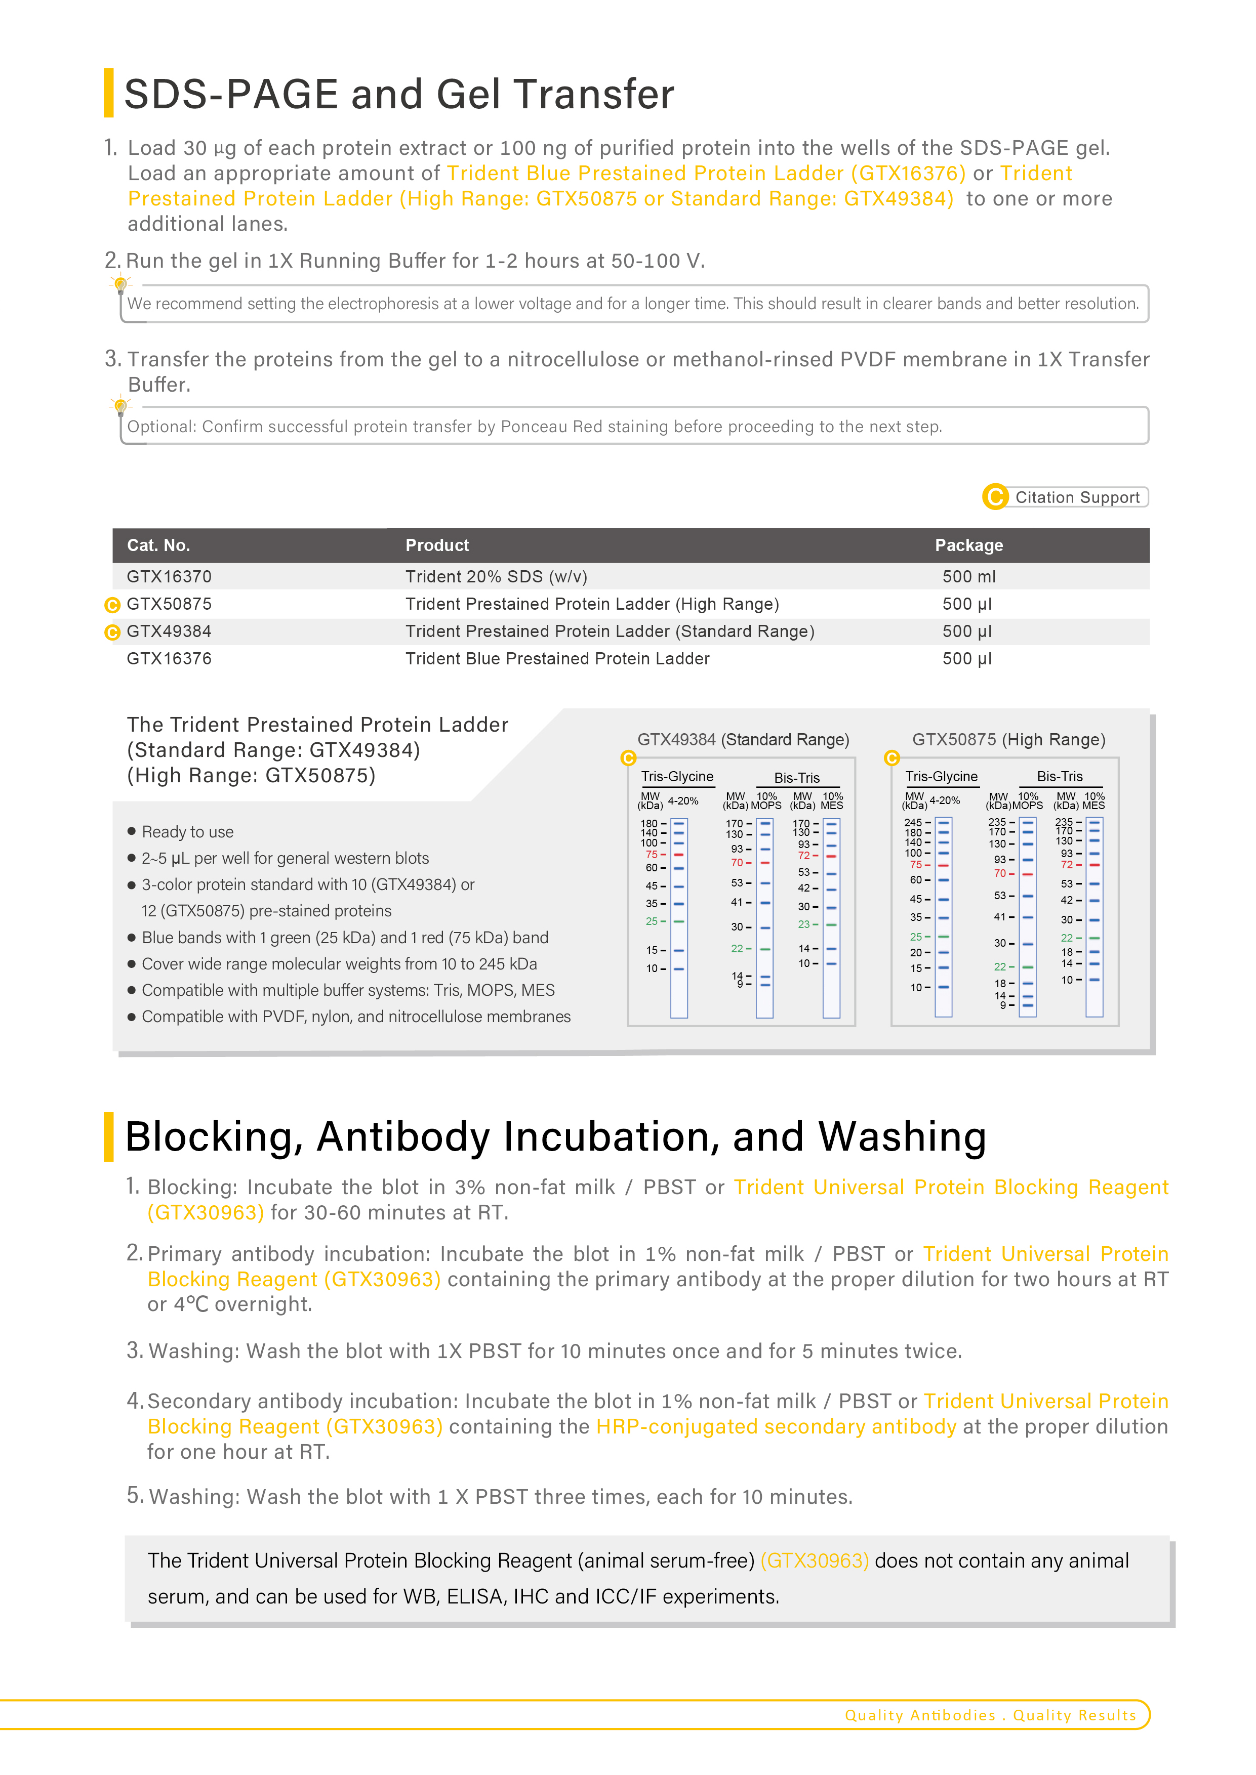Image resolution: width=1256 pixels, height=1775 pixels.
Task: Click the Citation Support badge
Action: (x=1066, y=497)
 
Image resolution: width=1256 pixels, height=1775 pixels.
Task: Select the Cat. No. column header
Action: (x=158, y=545)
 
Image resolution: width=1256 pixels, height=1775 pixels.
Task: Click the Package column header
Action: (x=968, y=545)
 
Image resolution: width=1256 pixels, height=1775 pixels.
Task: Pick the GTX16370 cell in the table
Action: (x=169, y=577)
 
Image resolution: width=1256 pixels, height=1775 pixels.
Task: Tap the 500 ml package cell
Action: (x=968, y=577)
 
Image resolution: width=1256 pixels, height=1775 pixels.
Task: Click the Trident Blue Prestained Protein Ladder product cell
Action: (x=557, y=659)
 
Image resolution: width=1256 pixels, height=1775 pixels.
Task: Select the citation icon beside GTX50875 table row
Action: (x=112, y=605)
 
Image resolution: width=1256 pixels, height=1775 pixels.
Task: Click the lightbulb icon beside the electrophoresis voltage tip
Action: (x=120, y=285)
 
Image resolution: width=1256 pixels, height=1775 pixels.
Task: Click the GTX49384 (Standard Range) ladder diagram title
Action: (x=743, y=740)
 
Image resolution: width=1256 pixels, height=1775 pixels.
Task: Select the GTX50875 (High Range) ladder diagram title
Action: (x=1008, y=740)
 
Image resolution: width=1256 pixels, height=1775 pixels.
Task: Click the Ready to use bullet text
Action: (x=187, y=832)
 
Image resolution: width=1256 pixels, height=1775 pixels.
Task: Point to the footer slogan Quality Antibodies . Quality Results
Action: (x=990, y=1715)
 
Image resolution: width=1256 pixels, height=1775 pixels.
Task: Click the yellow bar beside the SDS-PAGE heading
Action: (x=109, y=93)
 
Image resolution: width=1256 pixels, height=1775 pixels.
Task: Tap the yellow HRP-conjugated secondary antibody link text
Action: (x=776, y=1427)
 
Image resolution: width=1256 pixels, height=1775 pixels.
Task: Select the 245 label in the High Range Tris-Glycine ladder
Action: (x=913, y=823)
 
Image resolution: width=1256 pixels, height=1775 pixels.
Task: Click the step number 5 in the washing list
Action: (x=135, y=1495)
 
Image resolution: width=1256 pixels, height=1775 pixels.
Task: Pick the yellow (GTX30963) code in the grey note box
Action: (x=815, y=1561)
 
